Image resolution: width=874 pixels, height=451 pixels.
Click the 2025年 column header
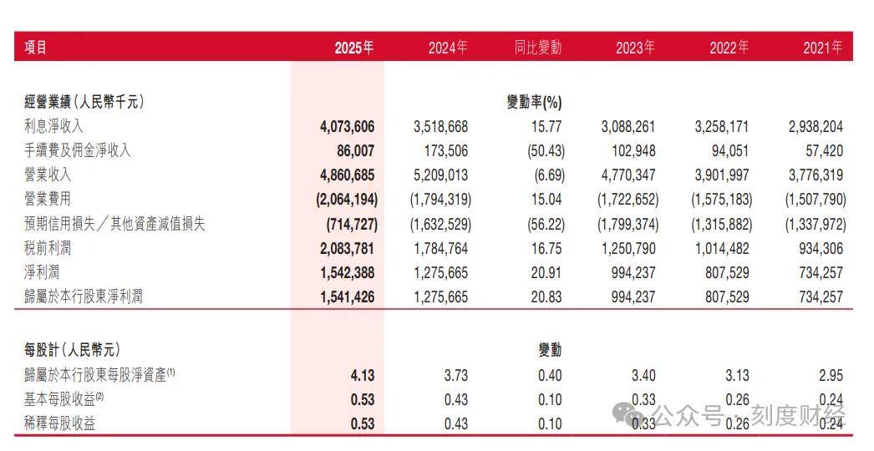coord(354,48)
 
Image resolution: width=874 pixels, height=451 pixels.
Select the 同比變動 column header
coord(538,48)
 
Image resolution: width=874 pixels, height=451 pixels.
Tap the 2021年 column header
coord(823,48)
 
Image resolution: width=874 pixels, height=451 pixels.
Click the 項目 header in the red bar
coord(36,48)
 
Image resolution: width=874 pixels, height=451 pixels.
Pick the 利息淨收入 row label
coord(53,126)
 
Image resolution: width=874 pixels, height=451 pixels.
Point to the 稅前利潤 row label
coord(48,248)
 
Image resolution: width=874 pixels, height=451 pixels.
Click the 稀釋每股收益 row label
coord(59,423)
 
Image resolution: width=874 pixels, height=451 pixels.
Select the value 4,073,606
coord(348,127)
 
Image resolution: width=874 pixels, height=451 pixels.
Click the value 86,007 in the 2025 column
coord(356,151)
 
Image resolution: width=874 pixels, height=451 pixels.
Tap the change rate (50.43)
coord(546,151)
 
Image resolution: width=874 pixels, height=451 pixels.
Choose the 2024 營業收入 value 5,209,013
coord(441,175)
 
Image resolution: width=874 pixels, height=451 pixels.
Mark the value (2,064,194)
coord(347,200)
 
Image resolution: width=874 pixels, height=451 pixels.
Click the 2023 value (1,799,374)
coord(628,224)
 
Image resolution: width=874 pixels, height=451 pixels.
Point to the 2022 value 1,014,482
coord(722,249)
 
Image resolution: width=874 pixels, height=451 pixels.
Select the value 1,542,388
coord(348,273)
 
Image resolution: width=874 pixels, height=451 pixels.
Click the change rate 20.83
coord(546,297)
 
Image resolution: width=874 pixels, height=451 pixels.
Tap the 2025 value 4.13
coord(363,376)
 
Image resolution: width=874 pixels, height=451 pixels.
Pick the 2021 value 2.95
coord(831,376)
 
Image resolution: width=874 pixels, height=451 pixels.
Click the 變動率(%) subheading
coord(534,102)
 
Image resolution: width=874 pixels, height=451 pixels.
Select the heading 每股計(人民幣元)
coord(72,350)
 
